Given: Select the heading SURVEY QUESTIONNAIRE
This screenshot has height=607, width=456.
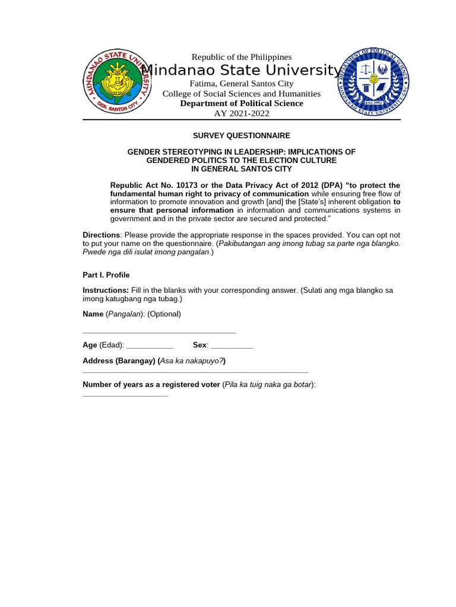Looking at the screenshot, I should [241, 136].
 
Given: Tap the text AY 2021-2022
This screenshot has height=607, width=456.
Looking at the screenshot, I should [241, 113].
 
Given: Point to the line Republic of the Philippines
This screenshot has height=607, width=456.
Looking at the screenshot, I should [241, 57].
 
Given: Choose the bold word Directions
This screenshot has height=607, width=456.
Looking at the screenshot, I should [101, 235].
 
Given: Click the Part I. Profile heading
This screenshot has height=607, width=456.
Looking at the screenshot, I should [106, 275].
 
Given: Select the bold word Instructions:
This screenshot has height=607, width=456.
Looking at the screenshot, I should [105, 290].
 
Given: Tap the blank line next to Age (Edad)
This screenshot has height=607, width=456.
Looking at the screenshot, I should [150, 346].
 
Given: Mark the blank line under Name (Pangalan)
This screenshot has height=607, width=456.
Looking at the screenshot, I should [159, 332].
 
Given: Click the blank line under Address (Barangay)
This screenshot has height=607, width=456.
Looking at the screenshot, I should [195, 372].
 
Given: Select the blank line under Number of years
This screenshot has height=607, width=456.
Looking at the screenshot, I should [125, 395].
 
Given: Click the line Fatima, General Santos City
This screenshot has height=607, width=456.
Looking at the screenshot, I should [241, 84].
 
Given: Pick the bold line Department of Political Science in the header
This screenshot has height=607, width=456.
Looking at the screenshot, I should [241, 104].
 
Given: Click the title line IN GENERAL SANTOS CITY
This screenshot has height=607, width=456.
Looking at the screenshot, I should [241, 169].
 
